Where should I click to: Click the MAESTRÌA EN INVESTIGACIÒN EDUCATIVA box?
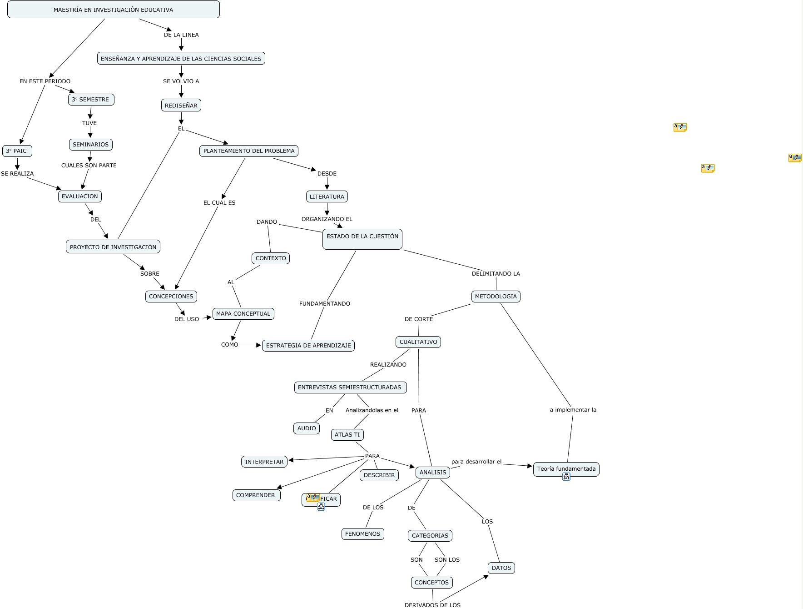[113, 10]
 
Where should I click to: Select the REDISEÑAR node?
[181, 106]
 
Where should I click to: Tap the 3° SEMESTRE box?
[91, 100]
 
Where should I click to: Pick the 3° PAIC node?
[17, 151]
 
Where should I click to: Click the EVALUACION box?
[79, 196]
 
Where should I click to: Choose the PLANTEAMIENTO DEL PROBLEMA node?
[249, 151]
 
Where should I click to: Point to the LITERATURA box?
[327, 196]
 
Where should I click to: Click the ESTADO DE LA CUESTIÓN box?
[362, 239]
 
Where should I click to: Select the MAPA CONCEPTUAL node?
[243, 314]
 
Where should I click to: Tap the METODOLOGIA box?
[496, 297]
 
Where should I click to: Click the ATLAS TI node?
[347, 435]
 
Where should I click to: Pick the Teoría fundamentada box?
[566, 468]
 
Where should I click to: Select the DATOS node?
[501, 568]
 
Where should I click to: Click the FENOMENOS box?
[362, 534]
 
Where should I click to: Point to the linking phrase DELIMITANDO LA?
[496, 274]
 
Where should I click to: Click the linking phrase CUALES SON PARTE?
[89, 166]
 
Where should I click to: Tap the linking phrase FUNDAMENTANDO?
[324, 304]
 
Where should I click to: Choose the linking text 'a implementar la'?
[573, 410]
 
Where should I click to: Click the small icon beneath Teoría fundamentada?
[566, 477]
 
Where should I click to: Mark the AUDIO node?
[307, 428]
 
